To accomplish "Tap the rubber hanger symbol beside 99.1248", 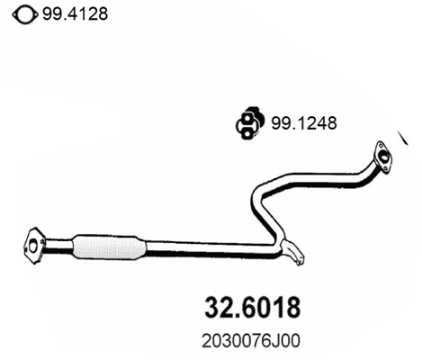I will pos(248,122).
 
